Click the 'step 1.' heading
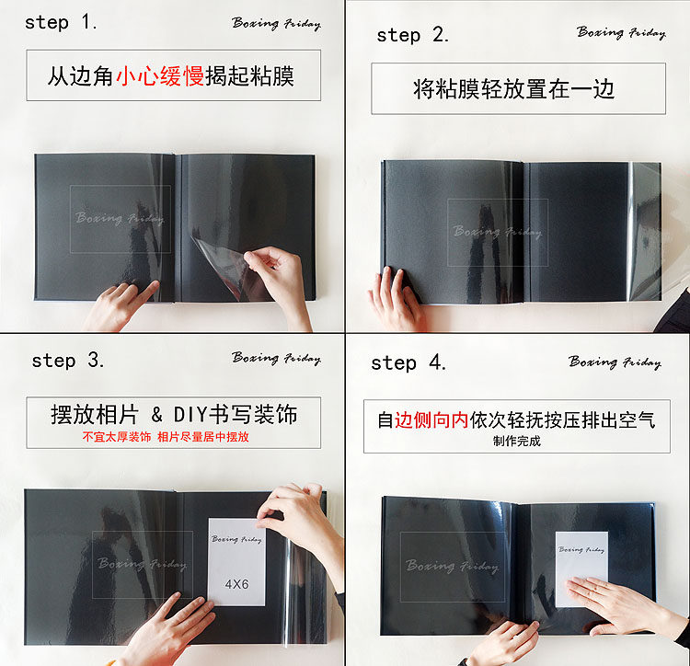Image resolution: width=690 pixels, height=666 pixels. click(61, 22)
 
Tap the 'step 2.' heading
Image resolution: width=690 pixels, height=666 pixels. click(412, 35)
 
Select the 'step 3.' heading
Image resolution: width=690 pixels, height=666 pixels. click(68, 361)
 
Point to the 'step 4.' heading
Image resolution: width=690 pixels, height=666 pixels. click(408, 363)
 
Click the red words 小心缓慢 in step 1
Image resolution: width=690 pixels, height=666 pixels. click(160, 76)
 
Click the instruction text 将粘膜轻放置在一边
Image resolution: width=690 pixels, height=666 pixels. click(513, 89)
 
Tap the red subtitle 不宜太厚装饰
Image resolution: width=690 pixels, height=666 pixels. click(117, 437)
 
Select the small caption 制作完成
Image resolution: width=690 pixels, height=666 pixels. click(517, 441)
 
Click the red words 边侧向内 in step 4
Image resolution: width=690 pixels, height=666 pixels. click(431, 420)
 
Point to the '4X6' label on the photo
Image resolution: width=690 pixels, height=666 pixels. click(236, 584)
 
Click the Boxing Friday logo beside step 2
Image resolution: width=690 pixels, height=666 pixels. click(621, 32)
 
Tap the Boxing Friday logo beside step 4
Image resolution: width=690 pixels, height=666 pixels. click(615, 362)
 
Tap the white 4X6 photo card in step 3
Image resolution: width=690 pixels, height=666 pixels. click(236, 562)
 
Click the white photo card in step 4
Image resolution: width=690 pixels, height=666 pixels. click(581, 568)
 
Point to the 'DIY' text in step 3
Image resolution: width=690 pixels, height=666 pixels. click(190, 415)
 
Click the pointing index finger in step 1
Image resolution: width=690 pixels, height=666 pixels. click(143, 293)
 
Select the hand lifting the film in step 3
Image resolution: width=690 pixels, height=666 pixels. click(304, 528)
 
